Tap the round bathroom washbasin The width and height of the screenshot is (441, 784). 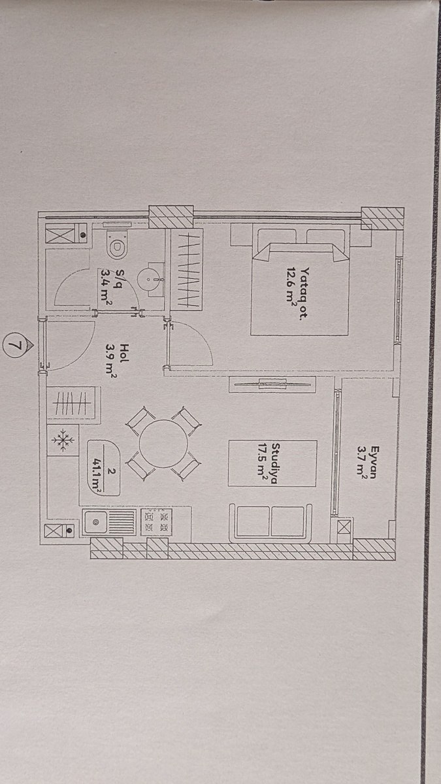pyautogui.click(x=150, y=280)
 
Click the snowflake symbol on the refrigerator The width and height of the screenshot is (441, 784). pyautogui.click(x=63, y=440)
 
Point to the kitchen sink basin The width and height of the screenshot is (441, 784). pyautogui.click(x=95, y=522)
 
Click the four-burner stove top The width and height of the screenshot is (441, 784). pyautogui.click(x=156, y=522)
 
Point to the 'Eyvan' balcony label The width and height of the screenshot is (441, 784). pyautogui.click(x=374, y=462)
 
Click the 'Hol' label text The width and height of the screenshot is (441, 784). pyautogui.click(x=124, y=353)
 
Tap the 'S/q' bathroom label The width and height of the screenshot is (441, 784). pyautogui.click(x=120, y=278)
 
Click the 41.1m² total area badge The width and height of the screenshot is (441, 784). pyautogui.click(x=104, y=468)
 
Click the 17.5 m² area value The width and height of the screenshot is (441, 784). pyautogui.click(x=261, y=463)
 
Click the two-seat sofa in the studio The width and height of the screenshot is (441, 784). pyautogui.click(x=270, y=523)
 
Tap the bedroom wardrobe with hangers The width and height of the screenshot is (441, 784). pyautogui.click(x=186, y=269)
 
